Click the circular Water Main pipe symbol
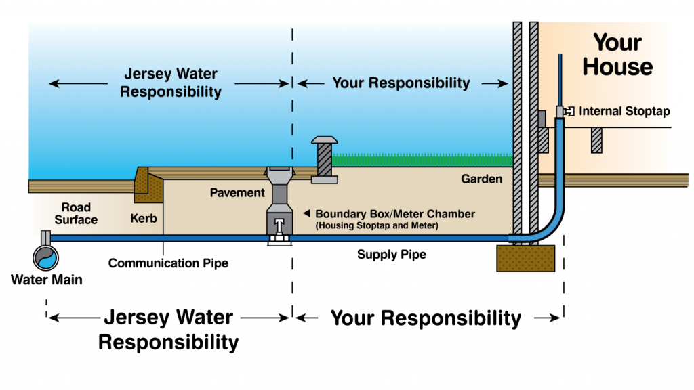46,257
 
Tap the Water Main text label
47,279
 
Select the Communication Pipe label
168,263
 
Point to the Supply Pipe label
392,255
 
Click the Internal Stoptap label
624,111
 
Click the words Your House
617,56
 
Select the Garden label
482,179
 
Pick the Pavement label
237,193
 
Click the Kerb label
144,219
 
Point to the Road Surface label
76,213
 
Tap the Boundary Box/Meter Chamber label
395,214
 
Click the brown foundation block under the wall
526,258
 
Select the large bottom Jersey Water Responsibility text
168,330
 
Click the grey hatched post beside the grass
325,160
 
